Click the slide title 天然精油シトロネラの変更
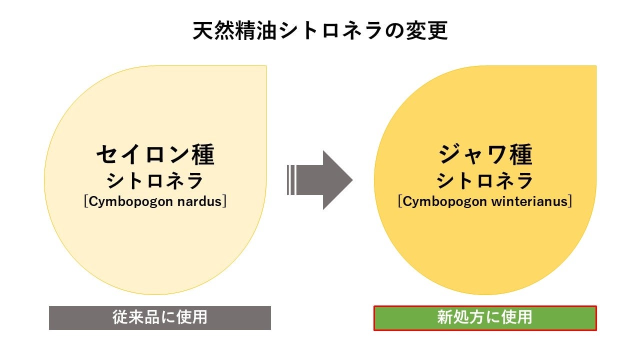coord(320,31)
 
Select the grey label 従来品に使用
coord(160,318)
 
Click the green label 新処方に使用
coord(485,318)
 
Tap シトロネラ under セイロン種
coord(155,180)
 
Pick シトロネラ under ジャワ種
coord(485,180)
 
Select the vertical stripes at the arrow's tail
coord(291,180)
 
